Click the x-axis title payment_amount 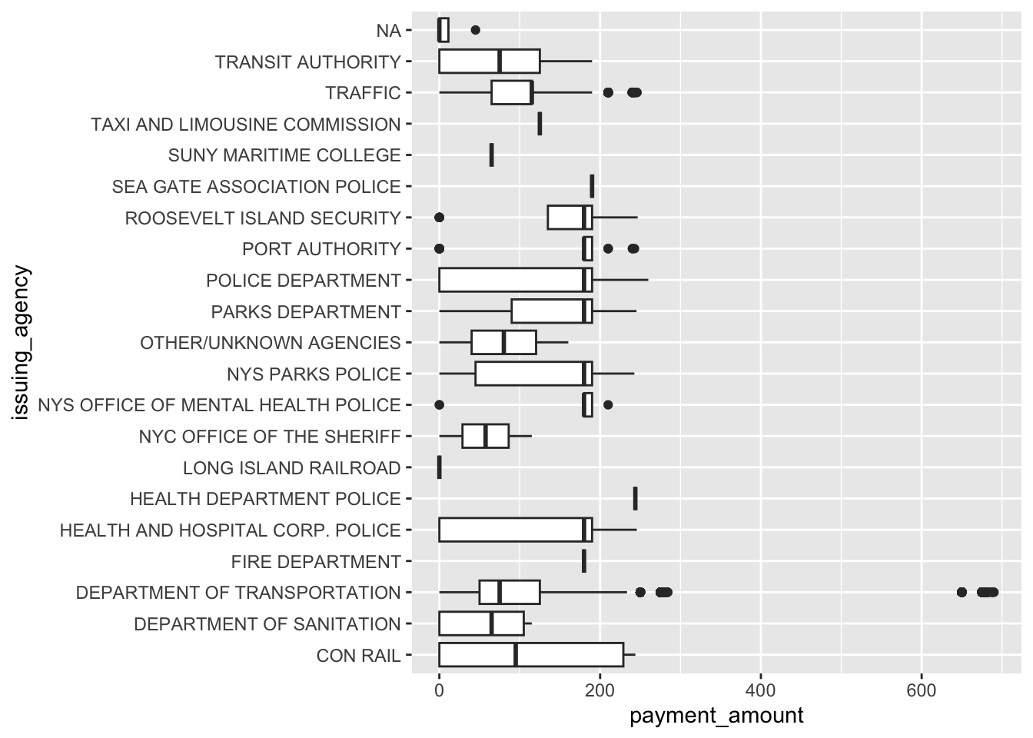click(x=716, y=716)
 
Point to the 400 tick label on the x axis click(x=760, y=690)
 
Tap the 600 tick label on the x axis click(x=921, y=690)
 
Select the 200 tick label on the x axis click(x=600, y=690)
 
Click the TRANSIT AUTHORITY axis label click(x=307, y=61)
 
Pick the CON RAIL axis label click(x=358, y=656)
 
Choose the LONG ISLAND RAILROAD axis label click(x=291, y=468)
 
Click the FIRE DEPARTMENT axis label click(x=316, y=562)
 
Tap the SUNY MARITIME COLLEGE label click(x=284, y=155)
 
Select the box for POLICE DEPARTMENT click(x=515, y=281)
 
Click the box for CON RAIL click(x=531, y=656)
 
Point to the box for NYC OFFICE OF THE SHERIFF click(x=485, y=437)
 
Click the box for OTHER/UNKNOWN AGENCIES click(x=503, y=343)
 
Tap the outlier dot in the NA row click(x=475, y=30)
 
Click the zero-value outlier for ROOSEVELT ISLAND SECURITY click(x=439, y=218)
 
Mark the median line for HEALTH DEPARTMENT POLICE click(x=635, y=499)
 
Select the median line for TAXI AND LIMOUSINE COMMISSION click(x=540, y=124)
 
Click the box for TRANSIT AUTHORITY click(x=489, y=61)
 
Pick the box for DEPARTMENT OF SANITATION click(x=481, y=624)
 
